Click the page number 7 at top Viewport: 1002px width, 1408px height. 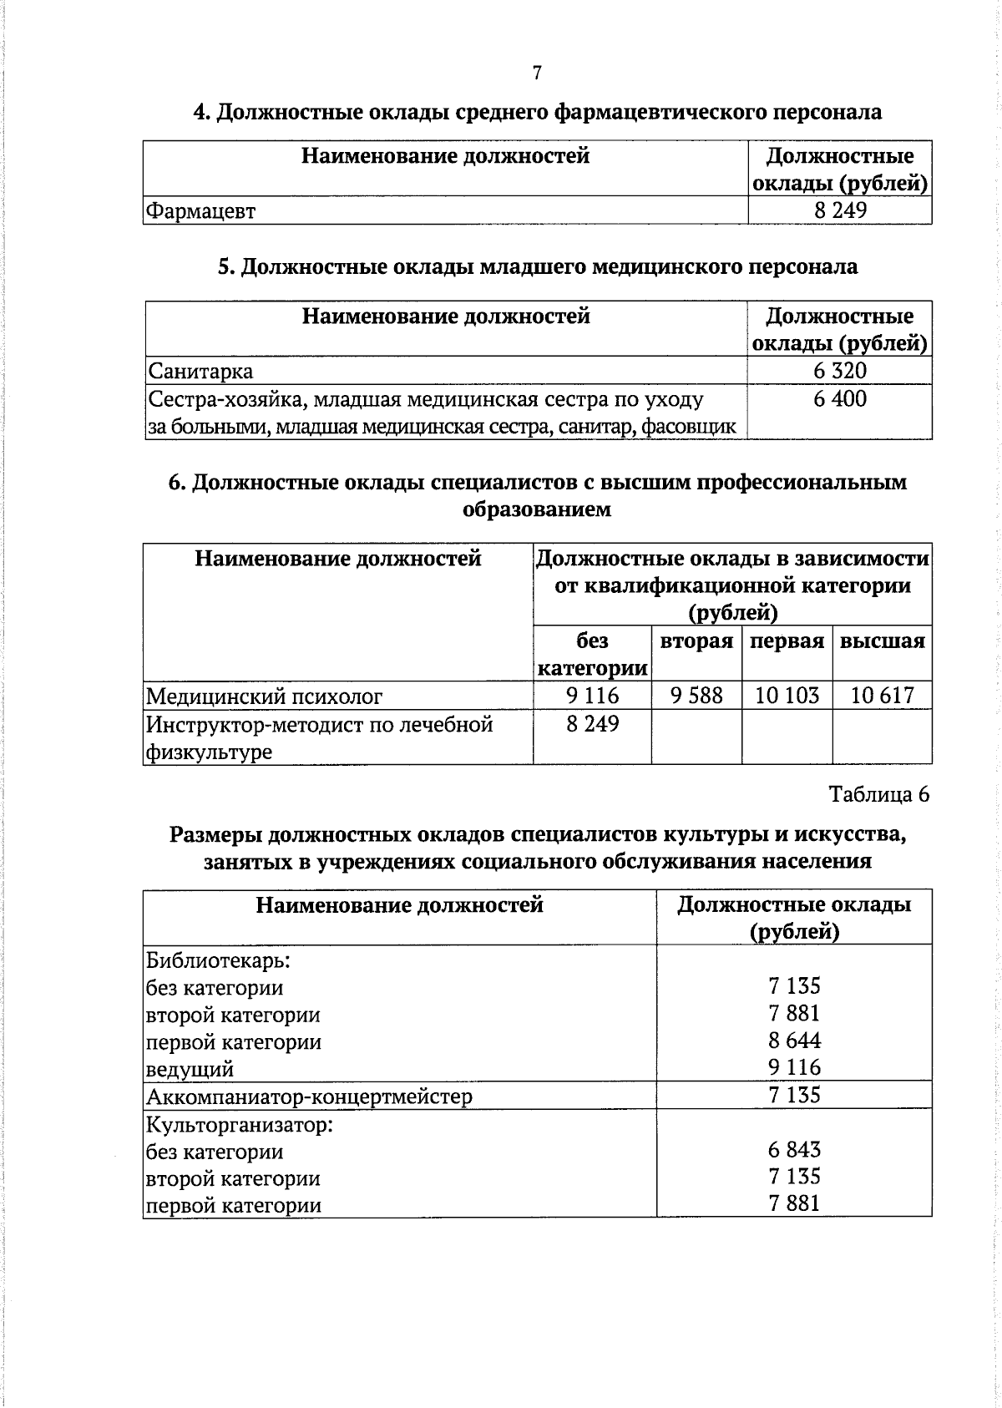click(x=537, y=73)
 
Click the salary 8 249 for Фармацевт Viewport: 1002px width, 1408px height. click(x=840, y=210)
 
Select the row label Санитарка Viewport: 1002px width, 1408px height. click(x=200, y=371)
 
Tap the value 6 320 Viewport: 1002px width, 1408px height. click(x=840, y=371)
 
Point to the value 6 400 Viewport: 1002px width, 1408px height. click(x=840, y=398)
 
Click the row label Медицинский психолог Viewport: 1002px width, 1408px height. click(x=265, y=696)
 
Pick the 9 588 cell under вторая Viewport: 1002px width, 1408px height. click(x=696, y=695)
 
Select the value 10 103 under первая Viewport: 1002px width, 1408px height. click(x=787, y=695)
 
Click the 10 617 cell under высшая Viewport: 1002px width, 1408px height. click(x=882, y=695)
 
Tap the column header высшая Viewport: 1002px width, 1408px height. click(x=882, y=641)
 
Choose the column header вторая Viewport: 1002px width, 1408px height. click(x=696, y=641)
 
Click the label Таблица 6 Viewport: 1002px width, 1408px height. click(x=878, y=794)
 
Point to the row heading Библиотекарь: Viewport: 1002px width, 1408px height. click(x=218, y=960)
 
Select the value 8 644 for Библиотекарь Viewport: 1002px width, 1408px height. click(x=794, y=1041)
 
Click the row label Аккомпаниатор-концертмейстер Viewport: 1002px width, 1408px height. click(x=309, y=1096)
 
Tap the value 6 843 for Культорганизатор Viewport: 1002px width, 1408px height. click(x=794, y=1150)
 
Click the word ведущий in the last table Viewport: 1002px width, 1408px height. click(x=190, y=1069)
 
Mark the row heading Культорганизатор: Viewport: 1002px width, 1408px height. click(x=240, y=1124)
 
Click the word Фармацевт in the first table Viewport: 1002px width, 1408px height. click(x=200, y=211)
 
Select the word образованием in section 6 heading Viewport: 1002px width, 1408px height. click(x=537, y=509)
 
